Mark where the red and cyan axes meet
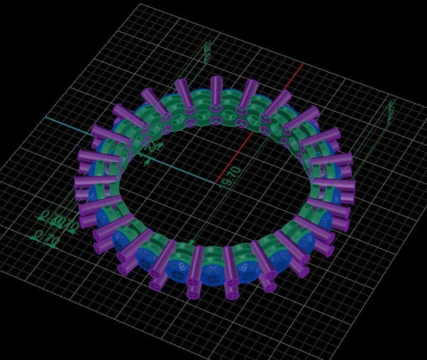217,183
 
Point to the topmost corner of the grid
141,4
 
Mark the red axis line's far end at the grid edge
303,64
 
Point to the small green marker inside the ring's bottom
192,242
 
